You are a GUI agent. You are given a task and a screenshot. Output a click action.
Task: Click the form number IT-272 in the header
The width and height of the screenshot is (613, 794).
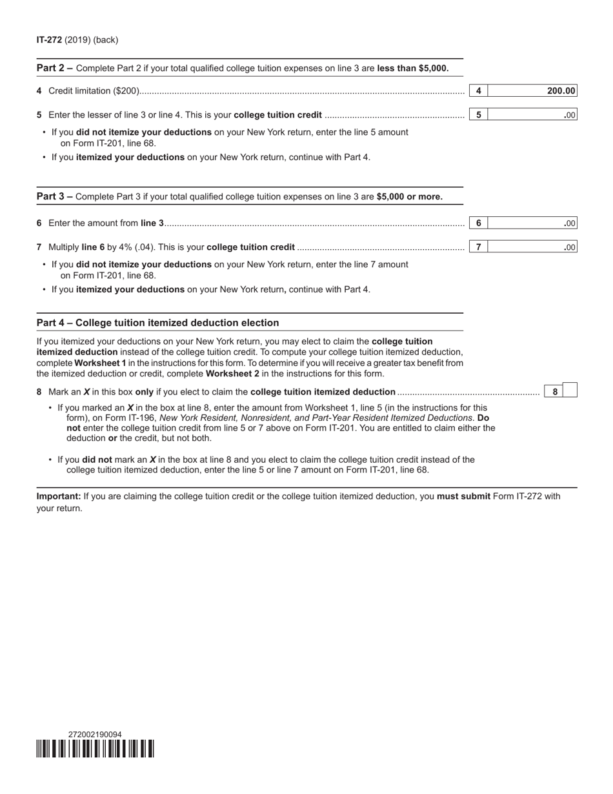pos(49,40)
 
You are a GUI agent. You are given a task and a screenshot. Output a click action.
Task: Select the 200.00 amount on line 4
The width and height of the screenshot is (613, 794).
pos(561,91)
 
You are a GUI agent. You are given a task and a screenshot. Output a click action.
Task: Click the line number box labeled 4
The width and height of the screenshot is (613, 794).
pos(478,91)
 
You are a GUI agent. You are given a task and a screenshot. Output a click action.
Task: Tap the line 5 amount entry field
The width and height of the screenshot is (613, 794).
pos(532,115)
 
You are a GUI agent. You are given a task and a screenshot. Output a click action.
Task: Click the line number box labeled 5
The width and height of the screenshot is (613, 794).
pos(478,115)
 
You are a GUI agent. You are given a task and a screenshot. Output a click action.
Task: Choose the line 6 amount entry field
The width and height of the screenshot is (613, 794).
pos(532,223)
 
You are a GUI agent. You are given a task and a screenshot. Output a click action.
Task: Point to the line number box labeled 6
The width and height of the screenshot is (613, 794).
pos(478,223)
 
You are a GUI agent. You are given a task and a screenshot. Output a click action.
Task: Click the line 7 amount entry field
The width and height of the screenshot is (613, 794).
pos(532,247)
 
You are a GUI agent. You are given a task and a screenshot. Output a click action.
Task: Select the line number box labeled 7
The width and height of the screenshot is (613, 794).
pos(478,247)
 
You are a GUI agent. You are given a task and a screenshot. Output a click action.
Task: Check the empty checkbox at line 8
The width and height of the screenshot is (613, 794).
pos(570,391)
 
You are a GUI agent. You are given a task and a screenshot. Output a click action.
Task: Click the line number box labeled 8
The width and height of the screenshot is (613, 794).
pos(555,391)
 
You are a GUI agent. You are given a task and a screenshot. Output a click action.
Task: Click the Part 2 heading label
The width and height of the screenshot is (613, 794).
pos(54,68)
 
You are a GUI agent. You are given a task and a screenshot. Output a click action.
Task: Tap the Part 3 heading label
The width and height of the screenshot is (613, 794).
pos(54,197)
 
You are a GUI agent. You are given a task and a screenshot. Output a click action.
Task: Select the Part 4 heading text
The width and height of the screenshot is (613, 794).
pos(157,323)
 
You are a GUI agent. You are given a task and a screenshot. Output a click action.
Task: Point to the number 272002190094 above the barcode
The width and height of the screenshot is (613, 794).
pos(95,735)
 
